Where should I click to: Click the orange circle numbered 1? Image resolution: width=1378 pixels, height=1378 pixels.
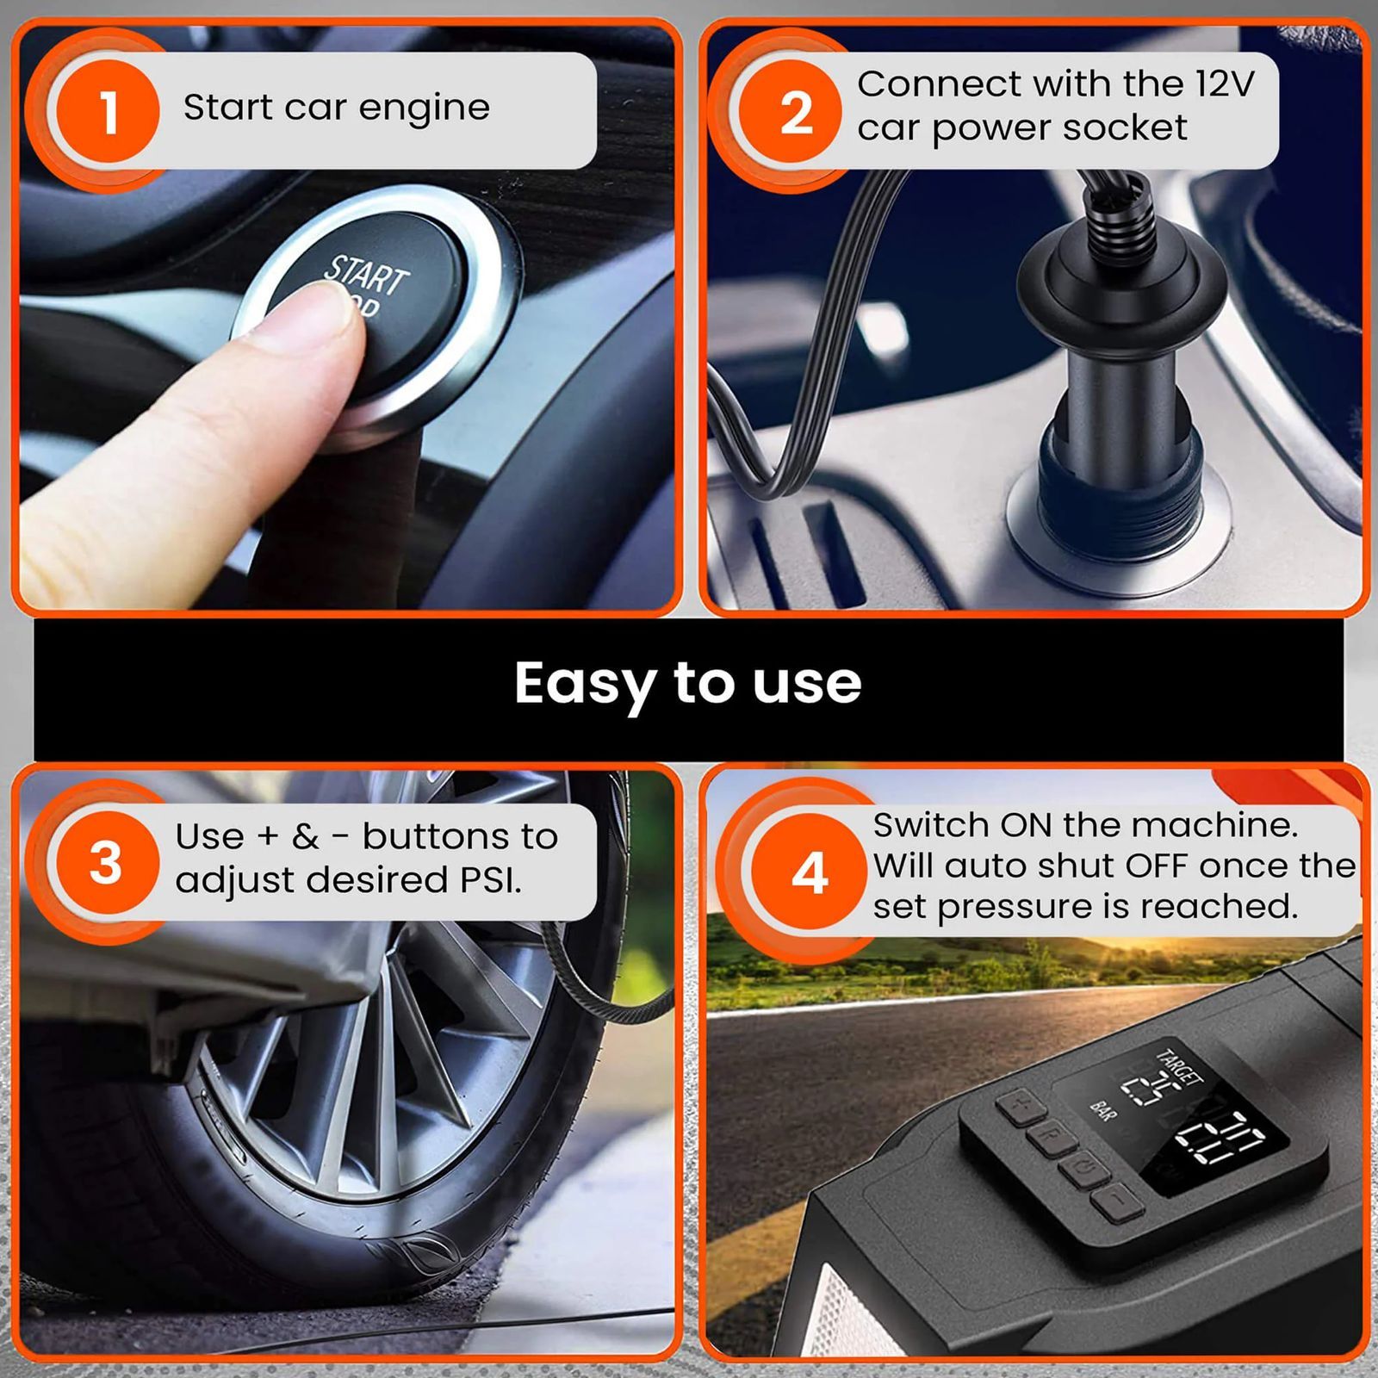pos(109,111)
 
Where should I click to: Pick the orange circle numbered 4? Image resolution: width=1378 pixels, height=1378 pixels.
pos(809,872)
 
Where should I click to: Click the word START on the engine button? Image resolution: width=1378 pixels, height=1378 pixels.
pos(367,274)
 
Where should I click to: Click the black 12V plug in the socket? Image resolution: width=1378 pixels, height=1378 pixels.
pos(1120,388)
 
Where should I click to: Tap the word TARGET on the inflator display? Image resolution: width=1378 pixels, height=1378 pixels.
pos(1178,1068)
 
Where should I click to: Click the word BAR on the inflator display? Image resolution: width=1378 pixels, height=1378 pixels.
pos(1102,1110)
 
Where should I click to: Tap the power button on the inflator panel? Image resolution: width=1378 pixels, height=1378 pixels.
pos(1083,1169)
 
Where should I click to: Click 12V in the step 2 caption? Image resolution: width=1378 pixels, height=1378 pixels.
pos(1225,84)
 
